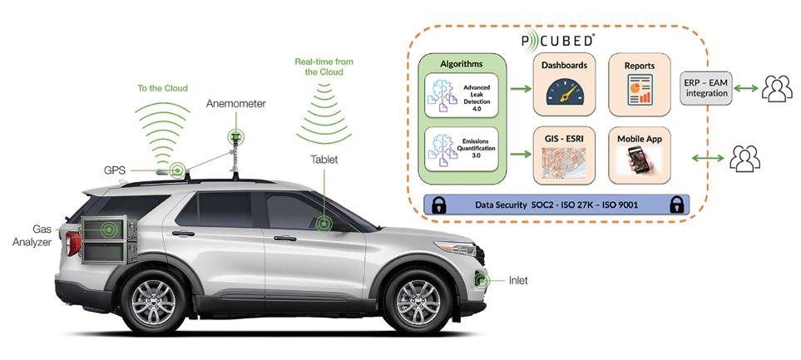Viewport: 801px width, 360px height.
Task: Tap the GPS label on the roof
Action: coord(115,170)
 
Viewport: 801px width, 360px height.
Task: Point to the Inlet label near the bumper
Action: coord(517,280)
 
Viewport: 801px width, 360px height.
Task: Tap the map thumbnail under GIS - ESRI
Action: coord(565,164)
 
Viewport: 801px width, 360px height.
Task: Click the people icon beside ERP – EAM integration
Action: coord(778,87)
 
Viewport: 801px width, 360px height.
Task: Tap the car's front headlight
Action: coord(456,248)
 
